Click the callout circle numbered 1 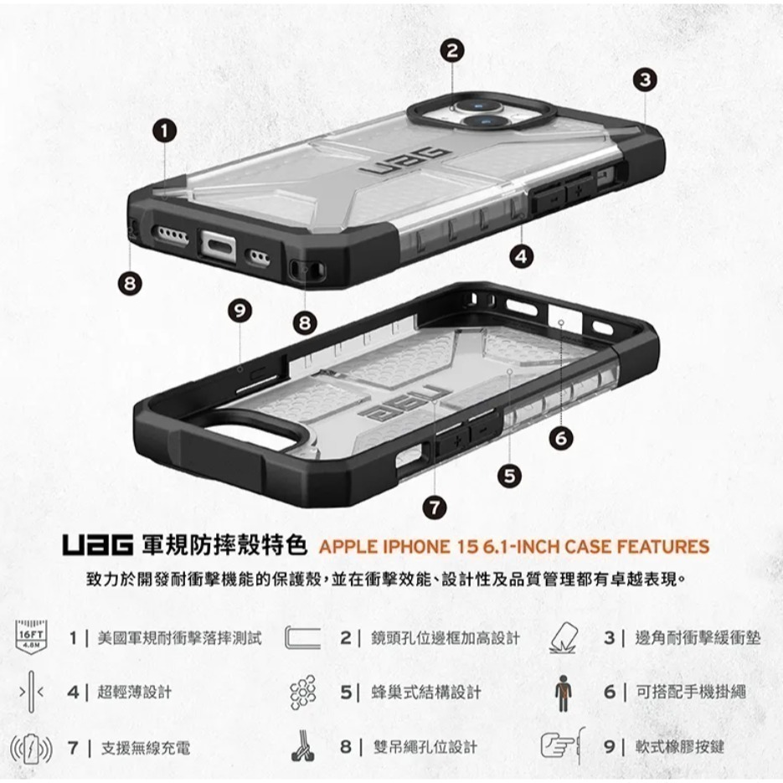point(165,130)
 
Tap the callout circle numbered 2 point(452,50)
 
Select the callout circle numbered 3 point(643,80)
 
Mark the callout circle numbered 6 point(561,437)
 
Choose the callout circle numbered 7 point(433,506)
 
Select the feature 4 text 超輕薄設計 point(134,693)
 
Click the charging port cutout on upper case point(220,249)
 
